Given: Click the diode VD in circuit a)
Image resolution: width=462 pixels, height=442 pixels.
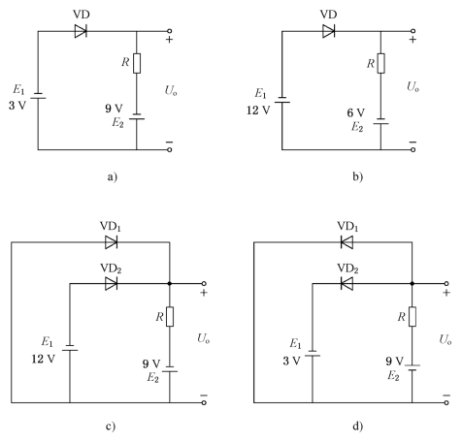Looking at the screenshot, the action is click(x=81, y=31).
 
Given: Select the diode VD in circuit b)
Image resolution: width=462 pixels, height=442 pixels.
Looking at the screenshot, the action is click(x=328, y=31).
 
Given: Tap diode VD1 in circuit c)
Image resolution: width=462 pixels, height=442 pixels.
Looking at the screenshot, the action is click(x=111, y=242).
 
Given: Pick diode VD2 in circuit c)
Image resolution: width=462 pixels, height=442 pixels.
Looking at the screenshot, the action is click(x=111, y=284).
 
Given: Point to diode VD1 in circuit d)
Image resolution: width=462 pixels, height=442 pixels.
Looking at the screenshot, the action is click(x=346, y=242).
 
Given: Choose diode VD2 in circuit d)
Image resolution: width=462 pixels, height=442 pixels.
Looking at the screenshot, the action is click(x=346, y=284).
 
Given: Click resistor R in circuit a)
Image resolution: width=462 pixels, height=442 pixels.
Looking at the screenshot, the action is click(x=137, y=63).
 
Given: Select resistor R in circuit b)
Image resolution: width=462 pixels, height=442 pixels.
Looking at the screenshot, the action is click(x=381, y=63).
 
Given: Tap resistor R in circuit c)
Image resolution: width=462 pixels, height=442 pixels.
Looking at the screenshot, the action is click(x=170, y=317).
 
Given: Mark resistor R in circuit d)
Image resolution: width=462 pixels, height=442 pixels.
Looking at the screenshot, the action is click(x=412, y=317).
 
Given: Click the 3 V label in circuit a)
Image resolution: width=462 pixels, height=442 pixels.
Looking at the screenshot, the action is click(x=17, y=106).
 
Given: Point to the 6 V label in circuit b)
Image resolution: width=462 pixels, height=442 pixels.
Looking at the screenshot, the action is click(x=355, y=112).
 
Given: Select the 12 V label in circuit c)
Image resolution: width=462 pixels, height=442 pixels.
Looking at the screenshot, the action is click(x=44, y=359).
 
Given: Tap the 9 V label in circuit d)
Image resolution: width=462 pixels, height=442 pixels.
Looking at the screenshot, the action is click(x=394, y=361).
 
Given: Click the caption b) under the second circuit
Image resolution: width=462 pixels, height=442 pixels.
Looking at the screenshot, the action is click(x=357, y=176).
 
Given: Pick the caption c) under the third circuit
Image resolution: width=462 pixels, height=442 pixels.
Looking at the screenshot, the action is click(x=111, y=426).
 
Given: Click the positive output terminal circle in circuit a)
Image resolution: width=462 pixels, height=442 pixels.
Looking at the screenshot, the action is click(x=169, y=31).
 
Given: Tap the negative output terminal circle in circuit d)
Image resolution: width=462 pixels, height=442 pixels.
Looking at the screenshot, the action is click(x=446, y=402).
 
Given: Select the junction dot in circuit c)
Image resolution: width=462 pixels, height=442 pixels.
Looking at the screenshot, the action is click(x=170, y=284).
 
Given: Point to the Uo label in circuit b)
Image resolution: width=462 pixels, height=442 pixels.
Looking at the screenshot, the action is click(x=412, y=86).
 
